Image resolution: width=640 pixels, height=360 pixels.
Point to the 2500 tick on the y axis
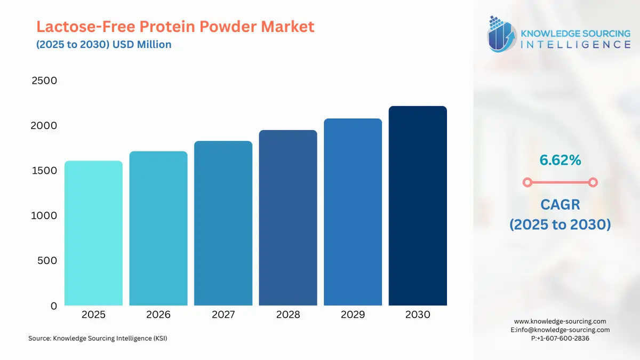(44, 81)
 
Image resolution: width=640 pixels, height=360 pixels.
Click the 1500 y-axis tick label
(44, 171)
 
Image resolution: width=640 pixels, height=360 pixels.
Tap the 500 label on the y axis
(47, 261)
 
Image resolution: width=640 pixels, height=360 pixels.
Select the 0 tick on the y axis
(53, 306)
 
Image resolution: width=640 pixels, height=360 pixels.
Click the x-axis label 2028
(288, 315)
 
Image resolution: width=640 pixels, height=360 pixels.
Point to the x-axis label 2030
(418, 315)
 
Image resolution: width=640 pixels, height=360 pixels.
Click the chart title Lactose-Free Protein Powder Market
(175, 26)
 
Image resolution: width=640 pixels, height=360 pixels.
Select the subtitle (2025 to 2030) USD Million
(104, 44)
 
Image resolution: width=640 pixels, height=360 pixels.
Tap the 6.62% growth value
(559, 159)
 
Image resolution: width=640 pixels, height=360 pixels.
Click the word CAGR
(559, 204)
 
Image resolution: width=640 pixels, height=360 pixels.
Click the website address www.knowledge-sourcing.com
(560, 321)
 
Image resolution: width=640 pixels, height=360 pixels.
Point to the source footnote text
(98, 338)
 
